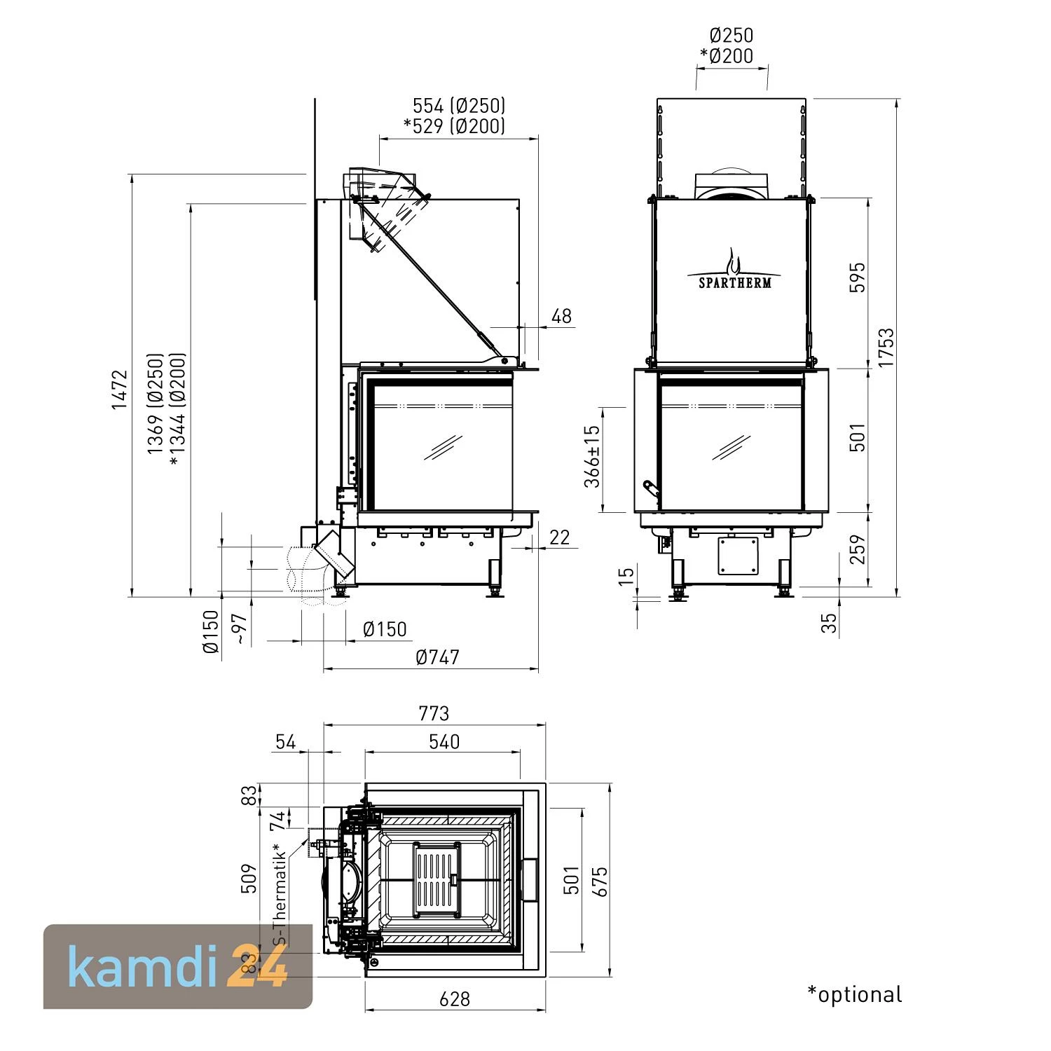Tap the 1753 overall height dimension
[x=886, y=348]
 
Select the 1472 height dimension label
[x=120, y=390]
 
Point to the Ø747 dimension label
[x=437, y=657]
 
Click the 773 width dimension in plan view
[x=434, y=713]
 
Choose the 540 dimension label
[x=444, y=741]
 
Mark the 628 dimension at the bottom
[x=455, y=998]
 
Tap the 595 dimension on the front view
[x=858, y=277]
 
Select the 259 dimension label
[x=858, y=549]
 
